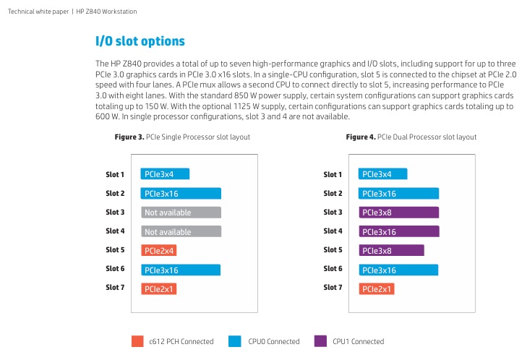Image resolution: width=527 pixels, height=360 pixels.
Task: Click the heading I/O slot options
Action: coord(140,41)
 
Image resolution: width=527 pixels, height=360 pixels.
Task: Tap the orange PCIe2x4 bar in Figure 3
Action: coord(158,250)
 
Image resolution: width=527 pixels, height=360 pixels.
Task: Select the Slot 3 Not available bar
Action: coord(181,213)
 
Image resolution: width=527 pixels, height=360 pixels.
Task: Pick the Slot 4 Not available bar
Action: coord(181,231)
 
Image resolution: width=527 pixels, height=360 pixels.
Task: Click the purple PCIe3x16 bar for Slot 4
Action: coord(399,231)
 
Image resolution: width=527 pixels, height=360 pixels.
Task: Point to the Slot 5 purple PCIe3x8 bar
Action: coord(392,250)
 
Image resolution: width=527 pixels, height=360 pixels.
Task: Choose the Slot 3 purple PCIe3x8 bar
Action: coord(399,213)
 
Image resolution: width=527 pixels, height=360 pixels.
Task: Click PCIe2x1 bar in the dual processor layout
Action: coord(377,289)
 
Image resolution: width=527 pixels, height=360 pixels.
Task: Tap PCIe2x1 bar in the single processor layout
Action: coord(158,289)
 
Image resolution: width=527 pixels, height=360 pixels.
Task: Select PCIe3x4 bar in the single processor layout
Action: coord(165,174)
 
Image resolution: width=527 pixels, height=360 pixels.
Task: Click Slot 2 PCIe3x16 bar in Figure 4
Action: coord(398,194)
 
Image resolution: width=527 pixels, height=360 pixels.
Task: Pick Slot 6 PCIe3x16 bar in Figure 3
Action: coord(181,270)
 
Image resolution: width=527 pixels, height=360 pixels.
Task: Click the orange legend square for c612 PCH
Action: coord(137,341)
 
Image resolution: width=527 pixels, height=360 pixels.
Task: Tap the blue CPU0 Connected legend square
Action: coord(235,341)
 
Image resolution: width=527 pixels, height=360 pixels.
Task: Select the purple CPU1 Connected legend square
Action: coord(320,341)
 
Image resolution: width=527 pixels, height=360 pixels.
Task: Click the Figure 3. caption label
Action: coord(129,137)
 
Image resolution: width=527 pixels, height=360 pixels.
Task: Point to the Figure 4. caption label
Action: coord(361,137)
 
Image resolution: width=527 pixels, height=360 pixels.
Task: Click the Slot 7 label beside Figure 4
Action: coord(333,288)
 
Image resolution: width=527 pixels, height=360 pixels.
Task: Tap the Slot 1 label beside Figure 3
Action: coord(115,174)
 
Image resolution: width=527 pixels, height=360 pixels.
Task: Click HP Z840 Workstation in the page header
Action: coord(106,12)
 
